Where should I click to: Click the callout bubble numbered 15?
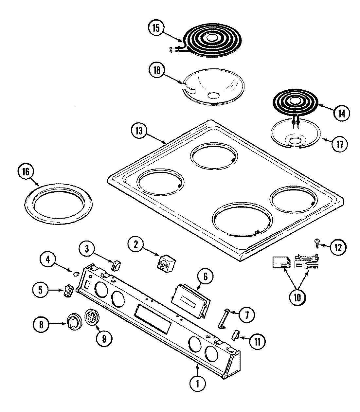[x=156, y=28]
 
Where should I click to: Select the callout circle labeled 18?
[x=158, y=71]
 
